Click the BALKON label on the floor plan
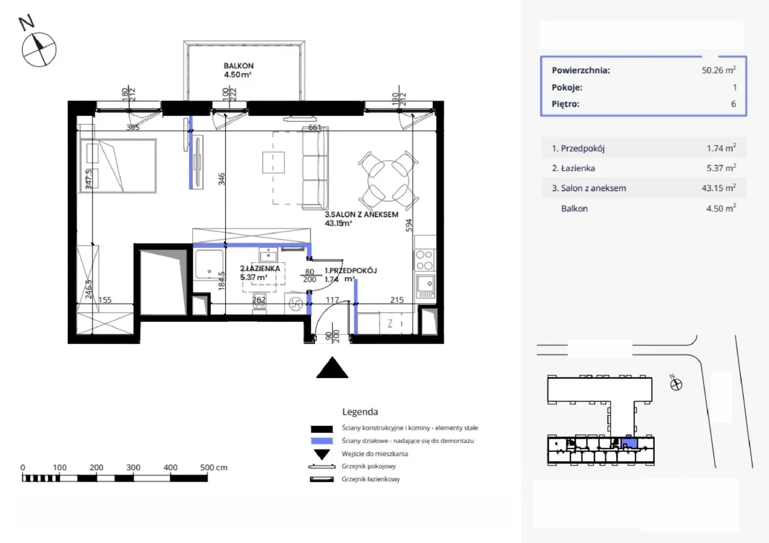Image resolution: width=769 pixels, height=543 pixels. [238, 65]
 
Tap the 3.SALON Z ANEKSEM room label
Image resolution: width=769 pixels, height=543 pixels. [361, 215]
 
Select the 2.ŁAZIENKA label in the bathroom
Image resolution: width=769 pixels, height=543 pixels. [260, 268]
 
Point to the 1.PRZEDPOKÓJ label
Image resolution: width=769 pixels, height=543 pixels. [350, 271]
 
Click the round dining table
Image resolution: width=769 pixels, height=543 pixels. [388, 181]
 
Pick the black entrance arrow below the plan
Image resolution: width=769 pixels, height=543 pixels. [332, 367]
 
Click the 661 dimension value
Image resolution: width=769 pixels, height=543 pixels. [314, 127]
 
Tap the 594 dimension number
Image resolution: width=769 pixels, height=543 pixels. [409, 225]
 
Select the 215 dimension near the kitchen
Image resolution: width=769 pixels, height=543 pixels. [397, 300]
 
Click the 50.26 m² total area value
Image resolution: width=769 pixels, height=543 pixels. [719, 70]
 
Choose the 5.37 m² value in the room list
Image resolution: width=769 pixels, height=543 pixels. [721, 168]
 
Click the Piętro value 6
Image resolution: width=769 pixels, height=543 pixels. [733, 104]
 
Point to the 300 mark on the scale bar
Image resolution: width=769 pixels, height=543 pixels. [133, 467]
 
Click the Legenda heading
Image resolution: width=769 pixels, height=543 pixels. [360, 411]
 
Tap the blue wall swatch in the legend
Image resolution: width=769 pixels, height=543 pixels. [322, 441]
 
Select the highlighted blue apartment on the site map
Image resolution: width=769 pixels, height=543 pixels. [629, 442]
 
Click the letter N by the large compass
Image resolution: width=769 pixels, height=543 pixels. [27, 22]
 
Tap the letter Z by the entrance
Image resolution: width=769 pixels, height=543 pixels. [390, 324]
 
